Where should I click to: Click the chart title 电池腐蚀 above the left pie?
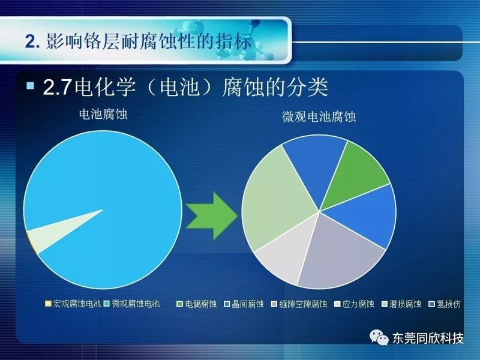click(103, 114)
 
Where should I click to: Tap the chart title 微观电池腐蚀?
click(319, 117)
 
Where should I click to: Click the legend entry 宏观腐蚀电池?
click(73, 304)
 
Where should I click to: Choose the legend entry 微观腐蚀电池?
click(131, 304)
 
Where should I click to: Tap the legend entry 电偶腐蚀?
click(197, 304)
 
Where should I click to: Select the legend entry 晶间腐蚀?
click(244, 304)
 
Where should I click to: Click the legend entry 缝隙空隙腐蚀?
click(299, 304)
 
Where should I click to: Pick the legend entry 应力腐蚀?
click(354, 304)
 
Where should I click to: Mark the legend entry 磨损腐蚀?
click(401, 304)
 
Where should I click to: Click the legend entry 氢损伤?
click(445, 304)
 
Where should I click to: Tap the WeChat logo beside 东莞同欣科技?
click(379, 337)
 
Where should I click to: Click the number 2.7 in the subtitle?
click(57, 87)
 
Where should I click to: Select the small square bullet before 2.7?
click(31, 85)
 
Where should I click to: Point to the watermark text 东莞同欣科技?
click(428, 338)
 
